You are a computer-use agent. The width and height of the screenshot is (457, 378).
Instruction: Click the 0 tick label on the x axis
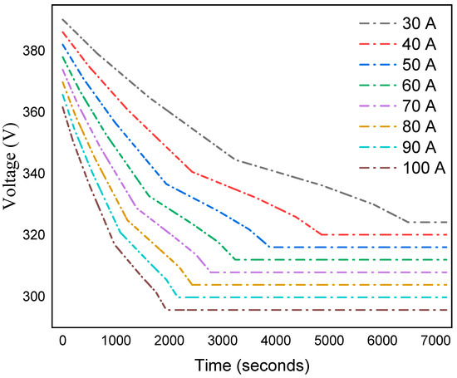(62, 341)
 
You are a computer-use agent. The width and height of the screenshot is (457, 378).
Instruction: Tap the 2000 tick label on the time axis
(168, 341)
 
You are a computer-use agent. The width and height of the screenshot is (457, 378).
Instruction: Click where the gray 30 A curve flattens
(408, 223)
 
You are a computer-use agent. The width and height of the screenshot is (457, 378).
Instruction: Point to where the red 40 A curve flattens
(321, 234)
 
